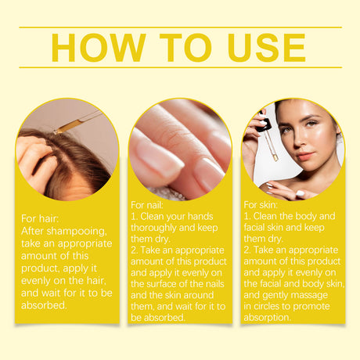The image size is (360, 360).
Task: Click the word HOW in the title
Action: tap(99, 48)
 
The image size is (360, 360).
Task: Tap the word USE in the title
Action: tap(266, 48)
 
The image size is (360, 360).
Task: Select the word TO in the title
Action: tap(185, 48)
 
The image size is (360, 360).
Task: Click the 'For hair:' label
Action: tap(40, 218)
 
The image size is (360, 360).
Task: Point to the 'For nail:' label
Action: tap(147, 205)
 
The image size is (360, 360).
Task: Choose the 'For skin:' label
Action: tap(261, 205)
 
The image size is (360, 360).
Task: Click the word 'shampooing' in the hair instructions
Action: tap(77, 232)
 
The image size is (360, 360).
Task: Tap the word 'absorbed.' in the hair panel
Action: tap(44, 305)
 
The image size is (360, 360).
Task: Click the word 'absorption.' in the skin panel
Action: tap(267, 318)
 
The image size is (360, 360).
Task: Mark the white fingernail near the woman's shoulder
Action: tap(300, 193)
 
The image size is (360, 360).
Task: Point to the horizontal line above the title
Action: tap(180, 27)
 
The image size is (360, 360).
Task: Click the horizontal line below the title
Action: tap(180, 67)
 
